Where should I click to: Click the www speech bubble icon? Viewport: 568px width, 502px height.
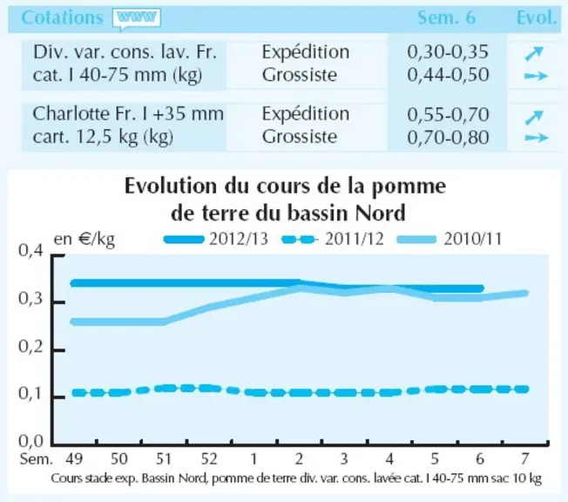click(x=137, y=18)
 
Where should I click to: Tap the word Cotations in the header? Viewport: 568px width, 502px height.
click(x=62, y=17)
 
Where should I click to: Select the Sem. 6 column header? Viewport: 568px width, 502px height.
click(x=447, y=17)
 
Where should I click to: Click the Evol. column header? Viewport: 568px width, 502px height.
click(x=537, y=17)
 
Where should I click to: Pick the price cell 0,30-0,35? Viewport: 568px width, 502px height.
click(x=448, y=51)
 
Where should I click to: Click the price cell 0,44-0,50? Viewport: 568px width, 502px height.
click(x=448, y=75)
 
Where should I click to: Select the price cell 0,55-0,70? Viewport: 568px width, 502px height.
click(x=448, y=114)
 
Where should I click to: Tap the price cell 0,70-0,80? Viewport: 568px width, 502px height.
click(x=448, y=138)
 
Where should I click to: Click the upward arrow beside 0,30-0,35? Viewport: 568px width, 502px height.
click(x=534, y=53)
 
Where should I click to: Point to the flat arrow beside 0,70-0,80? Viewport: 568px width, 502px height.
click(x=537, y=138)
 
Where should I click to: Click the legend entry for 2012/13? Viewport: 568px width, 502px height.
click(x=216, y=239)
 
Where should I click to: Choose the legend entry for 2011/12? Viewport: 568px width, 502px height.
click(x=333, y=239)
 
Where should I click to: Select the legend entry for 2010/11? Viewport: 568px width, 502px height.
click(x=450, y=239)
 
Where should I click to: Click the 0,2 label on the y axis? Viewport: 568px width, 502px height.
click(x=30, y=347)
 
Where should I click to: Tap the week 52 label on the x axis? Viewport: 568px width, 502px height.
click(x=209, y=459)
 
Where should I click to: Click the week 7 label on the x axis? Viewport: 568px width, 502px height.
click(x=525, y=459)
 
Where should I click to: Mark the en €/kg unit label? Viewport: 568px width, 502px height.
click(x=85, y=239)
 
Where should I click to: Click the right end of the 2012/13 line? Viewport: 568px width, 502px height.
click(x=482, y=288)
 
